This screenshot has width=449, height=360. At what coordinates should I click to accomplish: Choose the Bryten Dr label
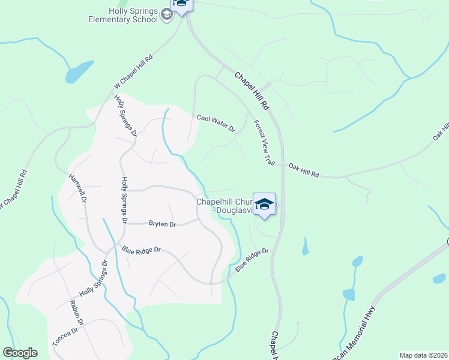click(x=162, y=224)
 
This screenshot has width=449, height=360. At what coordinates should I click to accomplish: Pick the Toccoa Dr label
click(x=65, y=340)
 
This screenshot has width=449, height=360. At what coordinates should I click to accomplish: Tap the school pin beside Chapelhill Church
click(x=264, y=204)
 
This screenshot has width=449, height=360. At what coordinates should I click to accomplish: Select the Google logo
click(x=20, y=353)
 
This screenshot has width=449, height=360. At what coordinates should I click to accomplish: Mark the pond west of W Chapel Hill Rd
click(x=79, y=71)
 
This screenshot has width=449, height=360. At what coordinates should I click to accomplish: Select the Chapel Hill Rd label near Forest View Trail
click(x=251, y=91)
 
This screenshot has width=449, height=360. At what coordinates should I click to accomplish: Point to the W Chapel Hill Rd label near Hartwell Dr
click(x=13, y=190)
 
